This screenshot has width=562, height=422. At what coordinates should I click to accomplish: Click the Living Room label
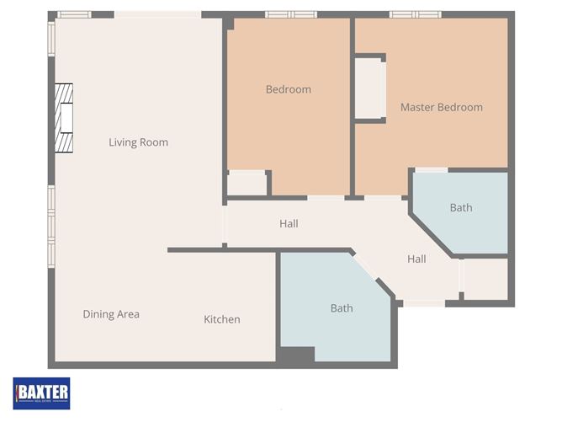(x=138, y=142)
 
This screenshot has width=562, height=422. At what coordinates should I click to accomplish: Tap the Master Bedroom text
(x=441, y=107)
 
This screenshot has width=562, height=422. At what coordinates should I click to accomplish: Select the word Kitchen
(x=222, y=319)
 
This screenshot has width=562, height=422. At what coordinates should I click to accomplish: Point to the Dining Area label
(x=111, y=314)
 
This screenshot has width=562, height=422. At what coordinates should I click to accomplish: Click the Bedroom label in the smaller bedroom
(x=288, y=89)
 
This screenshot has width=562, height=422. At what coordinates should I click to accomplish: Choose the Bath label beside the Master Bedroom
(x=460, y=207)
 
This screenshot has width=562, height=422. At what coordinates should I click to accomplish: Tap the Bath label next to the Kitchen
(x=342, y=308)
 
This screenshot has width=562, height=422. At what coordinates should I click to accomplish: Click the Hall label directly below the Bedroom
(x=289, y=224)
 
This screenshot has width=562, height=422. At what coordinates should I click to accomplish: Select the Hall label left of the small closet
(x=416, y=259)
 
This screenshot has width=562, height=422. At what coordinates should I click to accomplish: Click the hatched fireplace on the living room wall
(x=64, y=118)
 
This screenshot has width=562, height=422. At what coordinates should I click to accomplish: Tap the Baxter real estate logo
(x=41, y=393)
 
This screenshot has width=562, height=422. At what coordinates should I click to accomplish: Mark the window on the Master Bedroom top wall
(x=415, y=14)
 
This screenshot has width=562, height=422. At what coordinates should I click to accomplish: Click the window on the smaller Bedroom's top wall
(x=291, y=14)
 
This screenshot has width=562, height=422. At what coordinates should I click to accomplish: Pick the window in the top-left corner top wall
(x=74, y=14)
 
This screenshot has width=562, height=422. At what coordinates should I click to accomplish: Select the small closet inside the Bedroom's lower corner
(x=247, y=183)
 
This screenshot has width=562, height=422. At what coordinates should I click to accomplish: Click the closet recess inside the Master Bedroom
(x=368, y=88)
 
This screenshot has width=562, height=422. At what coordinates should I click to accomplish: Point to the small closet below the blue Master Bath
(x=485, y=279)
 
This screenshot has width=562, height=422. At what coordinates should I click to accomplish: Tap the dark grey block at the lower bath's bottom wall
(x=295, y=356)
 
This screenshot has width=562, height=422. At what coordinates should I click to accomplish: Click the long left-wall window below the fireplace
(x=51, y=215)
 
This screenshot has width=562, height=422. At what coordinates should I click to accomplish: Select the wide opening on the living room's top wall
(x=157, y=14)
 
